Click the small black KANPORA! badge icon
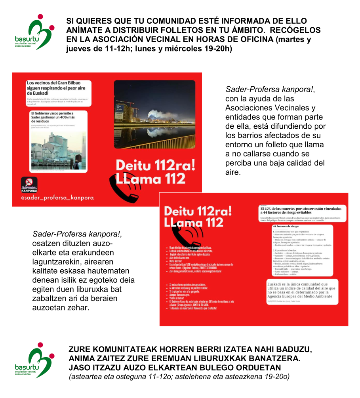coord(29,185)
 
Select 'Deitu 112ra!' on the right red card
coord(198,211)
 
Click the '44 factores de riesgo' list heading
coord(287,227)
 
